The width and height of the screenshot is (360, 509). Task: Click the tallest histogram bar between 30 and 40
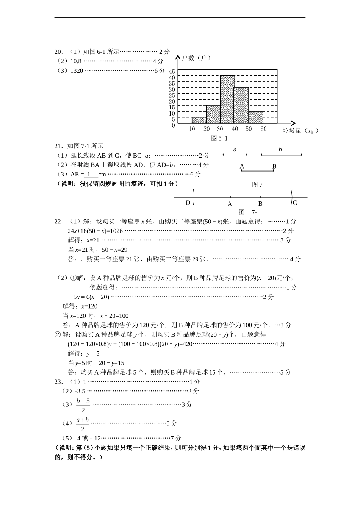[227, 99]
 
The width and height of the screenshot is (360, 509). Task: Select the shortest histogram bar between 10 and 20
[199, 120]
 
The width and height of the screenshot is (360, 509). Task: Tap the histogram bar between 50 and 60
[256, 117]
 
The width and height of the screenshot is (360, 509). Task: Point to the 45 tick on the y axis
[172, 72]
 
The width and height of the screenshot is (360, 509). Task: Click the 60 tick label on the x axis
[263, 129]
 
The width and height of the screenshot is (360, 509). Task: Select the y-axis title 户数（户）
[196, 58]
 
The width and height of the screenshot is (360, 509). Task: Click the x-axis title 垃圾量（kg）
[300, 131]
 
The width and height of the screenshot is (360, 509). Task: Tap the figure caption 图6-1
[219, 138]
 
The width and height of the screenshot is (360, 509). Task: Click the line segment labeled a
[235, 155]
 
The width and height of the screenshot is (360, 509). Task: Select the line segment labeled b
[282, 155]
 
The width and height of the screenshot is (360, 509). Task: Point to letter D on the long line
[188, 203]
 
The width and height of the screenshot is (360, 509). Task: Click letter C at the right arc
[295, 203]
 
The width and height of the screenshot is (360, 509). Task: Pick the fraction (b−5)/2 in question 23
[83, 405]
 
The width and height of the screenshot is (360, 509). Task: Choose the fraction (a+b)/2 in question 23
[83, 424]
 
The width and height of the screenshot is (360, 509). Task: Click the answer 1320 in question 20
[77, 71]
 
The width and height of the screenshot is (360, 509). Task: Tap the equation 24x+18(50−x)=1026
[95, 231]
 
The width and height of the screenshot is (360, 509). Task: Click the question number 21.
[58, 146]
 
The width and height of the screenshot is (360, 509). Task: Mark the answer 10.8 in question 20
[76, 61]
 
